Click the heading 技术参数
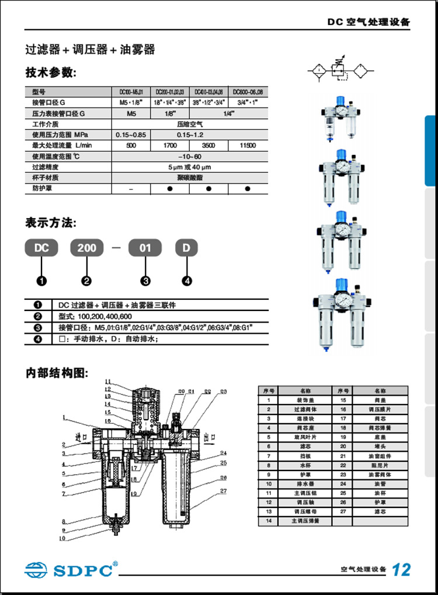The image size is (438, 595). pos(50,73)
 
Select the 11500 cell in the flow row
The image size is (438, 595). pos(248,145)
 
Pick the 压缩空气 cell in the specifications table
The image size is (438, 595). pos(189,124)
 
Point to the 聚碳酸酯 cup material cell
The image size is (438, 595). pos(189,177)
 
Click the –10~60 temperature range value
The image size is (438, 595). pos(189,156)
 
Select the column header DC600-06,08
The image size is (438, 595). pos(248,92)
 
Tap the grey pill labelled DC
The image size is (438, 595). pos(41,248)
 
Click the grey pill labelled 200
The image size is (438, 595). pos(86,248)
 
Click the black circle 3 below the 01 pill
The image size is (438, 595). pos(146,281)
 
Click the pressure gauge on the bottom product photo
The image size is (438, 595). pos(339,304)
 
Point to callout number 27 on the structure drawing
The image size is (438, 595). pos(223,490)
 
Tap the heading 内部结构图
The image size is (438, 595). pos(56,373)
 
